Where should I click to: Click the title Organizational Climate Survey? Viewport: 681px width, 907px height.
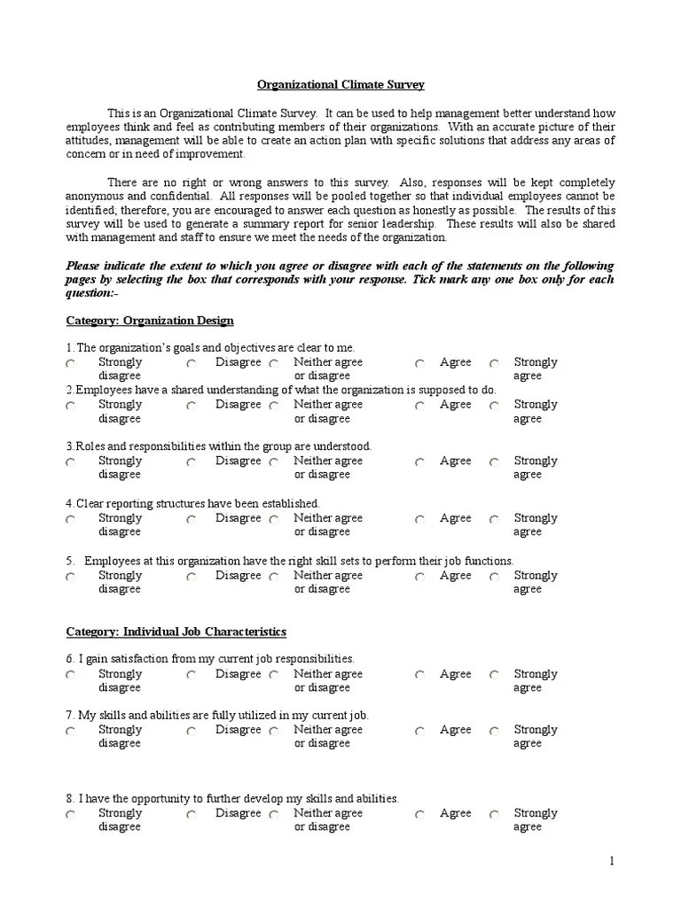(x=340, y=85)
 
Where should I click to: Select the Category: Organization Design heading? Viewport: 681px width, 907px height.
(x=150, y=320)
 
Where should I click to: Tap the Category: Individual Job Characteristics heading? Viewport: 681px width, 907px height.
(x=176, y=632)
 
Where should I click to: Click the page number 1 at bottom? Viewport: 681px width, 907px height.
(x=611, y=861)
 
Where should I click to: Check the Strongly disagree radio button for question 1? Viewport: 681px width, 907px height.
(x=70, y=364)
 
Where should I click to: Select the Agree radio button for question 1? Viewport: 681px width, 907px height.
(x=420, y=364)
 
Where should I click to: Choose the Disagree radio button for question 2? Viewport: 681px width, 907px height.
(x=192, y=406)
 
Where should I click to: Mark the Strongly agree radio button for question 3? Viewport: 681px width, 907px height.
(x=495, y=462)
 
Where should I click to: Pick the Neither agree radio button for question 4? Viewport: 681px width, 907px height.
(x=274, y=520)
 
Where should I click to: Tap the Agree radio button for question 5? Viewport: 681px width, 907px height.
(x=420, y=577)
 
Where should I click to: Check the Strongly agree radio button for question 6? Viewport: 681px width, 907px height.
(x=495, y=675)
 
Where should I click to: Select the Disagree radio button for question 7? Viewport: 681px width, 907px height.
(x=192, y=732)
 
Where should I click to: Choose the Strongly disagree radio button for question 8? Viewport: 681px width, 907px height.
(x=70, y=815)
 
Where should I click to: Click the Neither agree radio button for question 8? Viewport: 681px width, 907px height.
(x=274, y=815)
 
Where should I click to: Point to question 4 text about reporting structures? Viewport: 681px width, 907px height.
(x=192, y=503)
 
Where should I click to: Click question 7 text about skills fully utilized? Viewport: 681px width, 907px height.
(x=217, y=715)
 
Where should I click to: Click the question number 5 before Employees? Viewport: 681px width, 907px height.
(x=70, y=561)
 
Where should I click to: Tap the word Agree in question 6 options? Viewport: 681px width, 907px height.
(x=456, y=674)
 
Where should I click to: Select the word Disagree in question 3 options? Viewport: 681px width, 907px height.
(x=238, y=461)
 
